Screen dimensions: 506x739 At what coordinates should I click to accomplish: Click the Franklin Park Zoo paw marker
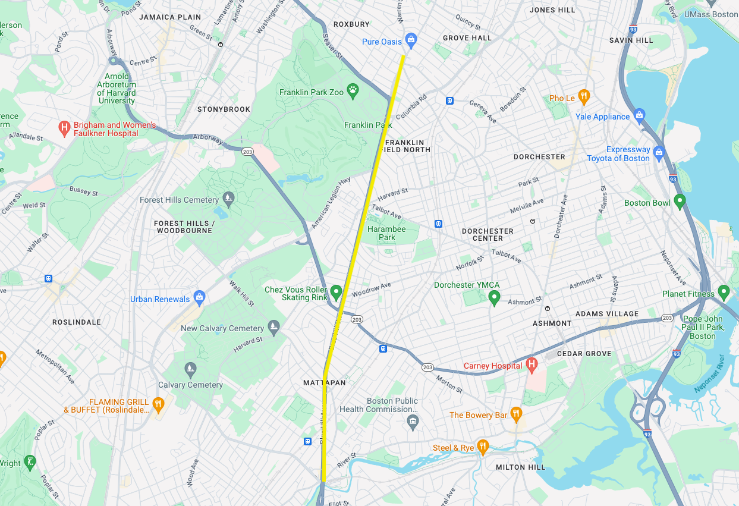pos(353,92)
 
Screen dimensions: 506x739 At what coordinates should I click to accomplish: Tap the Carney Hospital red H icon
pos(532,364)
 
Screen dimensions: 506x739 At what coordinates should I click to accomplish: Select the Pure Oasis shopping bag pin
pos(410,40)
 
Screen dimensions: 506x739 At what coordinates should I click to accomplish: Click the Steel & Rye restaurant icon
pos(483,446)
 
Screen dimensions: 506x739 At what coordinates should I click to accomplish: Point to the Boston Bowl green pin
pos(680,201)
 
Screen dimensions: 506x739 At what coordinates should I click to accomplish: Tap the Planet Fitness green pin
pos(724,292)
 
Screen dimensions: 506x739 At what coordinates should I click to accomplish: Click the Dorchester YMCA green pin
pos(493,297)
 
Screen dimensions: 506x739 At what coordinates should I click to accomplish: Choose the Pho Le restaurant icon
pos(584,96)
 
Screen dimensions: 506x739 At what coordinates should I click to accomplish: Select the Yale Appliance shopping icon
pos(639,115)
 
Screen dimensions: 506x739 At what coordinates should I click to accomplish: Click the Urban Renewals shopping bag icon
pos(200,297)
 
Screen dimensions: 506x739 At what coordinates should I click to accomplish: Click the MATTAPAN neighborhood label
pos(325,383)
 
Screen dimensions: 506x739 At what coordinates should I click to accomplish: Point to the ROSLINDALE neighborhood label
pos(77,322)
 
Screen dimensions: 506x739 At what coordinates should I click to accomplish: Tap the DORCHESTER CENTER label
pos(488,234)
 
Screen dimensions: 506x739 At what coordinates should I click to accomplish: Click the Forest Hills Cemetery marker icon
pos(228,197)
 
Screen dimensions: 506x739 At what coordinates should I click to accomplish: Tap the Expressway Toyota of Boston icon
pos(658,152)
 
